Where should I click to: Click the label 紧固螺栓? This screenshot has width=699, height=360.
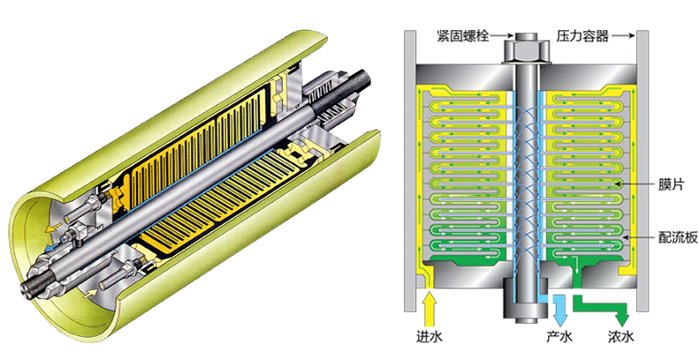pos(462,35)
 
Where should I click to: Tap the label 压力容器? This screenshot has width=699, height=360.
pos(582,35)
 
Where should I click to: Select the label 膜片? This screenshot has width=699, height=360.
pos(671,184)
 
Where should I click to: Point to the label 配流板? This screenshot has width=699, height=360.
pos(678,237)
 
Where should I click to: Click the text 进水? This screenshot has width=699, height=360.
pos(429,336)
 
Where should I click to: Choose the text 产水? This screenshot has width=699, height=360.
pos(559,336)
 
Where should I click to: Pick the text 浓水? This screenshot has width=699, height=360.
pos(620,336)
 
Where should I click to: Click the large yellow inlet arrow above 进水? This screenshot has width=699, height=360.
pos(429,308)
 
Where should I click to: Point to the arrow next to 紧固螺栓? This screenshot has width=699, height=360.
pos(502,35)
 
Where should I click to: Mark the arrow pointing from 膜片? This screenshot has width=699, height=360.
pos(636,184)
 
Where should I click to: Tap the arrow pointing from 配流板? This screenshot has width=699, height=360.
pos(640,237)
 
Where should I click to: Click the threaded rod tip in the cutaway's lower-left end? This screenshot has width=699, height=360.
pos(31,289)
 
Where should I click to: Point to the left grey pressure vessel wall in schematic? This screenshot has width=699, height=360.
pos(410,171)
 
